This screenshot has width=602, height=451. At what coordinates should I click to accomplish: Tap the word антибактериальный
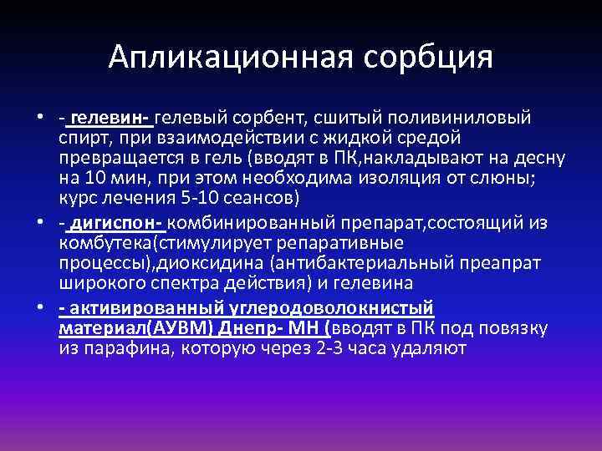tap(384, 263)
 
